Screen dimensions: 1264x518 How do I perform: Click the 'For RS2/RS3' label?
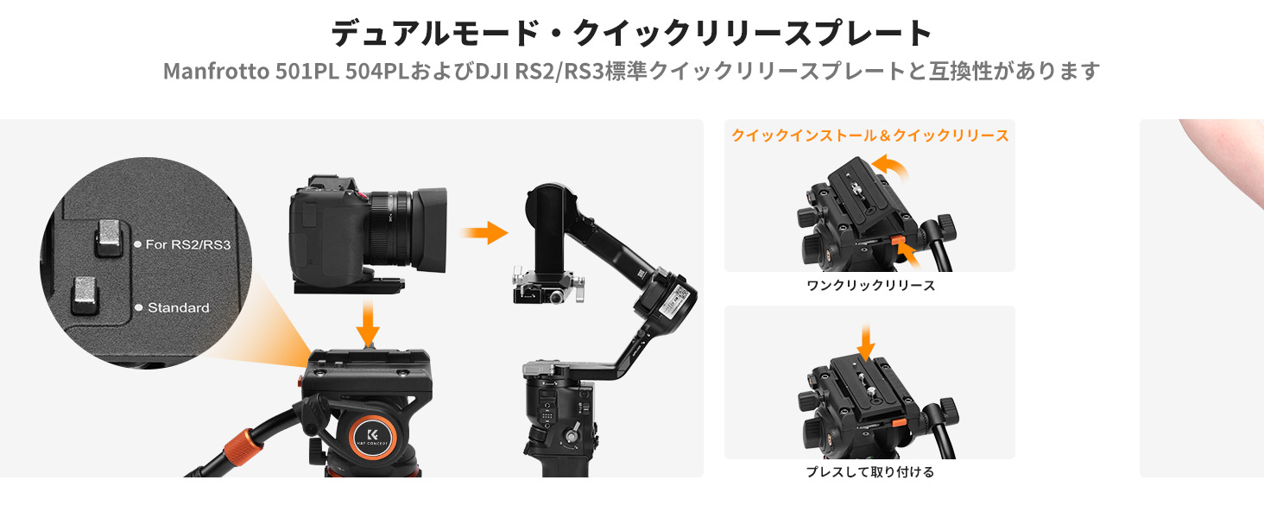point(188,244)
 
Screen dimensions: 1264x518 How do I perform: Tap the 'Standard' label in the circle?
point(179,307)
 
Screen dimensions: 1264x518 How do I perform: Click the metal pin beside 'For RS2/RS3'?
point(109,238)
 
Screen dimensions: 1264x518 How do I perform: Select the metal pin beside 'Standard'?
point(85,295)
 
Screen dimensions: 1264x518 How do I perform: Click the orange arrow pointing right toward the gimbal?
point(484,232)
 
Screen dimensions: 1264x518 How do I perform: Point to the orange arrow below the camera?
point(368,324)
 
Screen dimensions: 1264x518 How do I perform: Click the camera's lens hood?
point(431,230)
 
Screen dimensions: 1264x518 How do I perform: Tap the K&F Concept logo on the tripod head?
point(372,436)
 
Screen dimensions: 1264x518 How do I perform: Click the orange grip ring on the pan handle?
point(243,445)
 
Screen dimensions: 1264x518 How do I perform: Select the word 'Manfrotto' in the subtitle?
point(216,71)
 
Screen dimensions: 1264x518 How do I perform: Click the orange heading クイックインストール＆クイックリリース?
point(869,136)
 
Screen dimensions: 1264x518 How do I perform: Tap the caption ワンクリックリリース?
point(870,286)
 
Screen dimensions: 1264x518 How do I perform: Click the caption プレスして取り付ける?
point(870,471)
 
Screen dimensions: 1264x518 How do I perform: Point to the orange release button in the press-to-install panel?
point(899,423)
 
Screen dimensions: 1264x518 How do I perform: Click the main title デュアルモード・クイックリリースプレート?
point(631,33)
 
